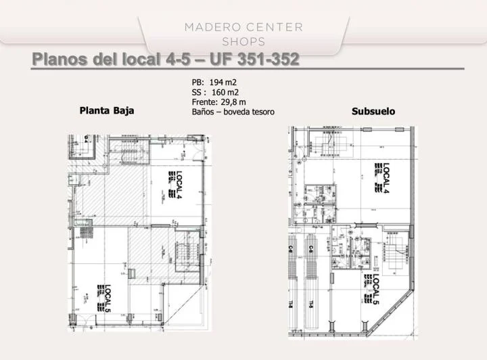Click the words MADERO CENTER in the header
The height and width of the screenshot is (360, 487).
243,27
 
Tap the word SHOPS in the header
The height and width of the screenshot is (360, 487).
243,41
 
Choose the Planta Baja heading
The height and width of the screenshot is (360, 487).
107,110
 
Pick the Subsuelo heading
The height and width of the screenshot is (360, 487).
373,110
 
